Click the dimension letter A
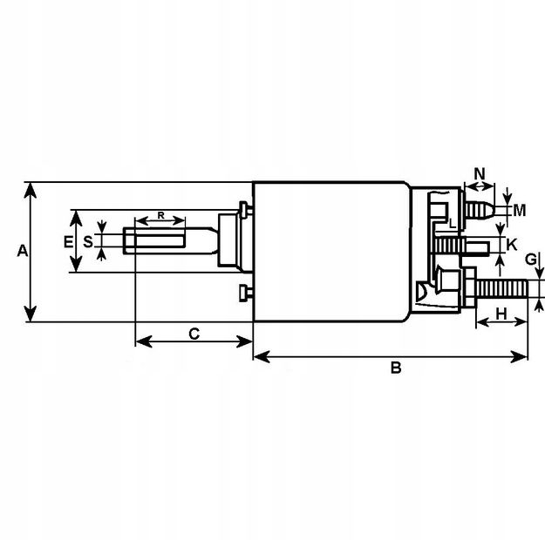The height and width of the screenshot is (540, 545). [23, 251]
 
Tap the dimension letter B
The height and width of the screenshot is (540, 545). [396, 368]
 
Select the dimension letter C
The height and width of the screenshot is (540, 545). [194, 334]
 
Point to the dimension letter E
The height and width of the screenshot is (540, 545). [69, 242]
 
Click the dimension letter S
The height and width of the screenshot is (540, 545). [88, 242]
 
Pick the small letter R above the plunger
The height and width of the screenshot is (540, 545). [160, 215]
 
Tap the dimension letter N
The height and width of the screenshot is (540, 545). [480, 173]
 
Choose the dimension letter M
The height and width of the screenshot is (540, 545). [520, 211]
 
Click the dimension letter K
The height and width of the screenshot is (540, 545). [512, 245]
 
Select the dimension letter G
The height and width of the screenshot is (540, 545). [531, 260]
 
